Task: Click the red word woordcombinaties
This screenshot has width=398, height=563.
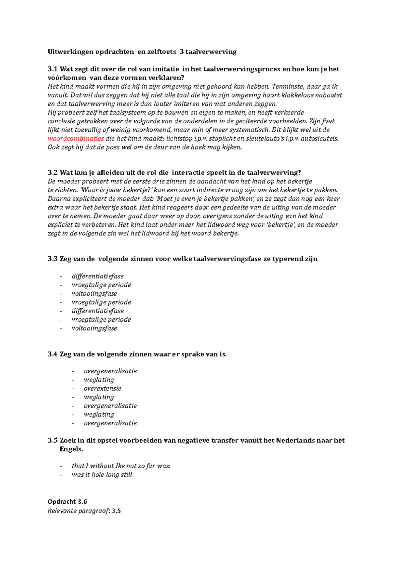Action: click(76, 139)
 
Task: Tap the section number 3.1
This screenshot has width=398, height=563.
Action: click(52, 69)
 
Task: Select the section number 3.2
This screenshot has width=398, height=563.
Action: click(52, 173)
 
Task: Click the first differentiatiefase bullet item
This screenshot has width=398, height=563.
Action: click(98, 277)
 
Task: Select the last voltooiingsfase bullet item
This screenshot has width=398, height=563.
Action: click(95, 328)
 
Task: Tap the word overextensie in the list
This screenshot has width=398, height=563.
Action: click(102, 389)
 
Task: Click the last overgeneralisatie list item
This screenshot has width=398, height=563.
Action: click(110, 423)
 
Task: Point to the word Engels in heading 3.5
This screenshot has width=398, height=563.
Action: click(71, 449)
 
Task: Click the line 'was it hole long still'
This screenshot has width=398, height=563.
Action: click(102, 475)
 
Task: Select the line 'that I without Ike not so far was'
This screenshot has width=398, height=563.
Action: click(121, 466)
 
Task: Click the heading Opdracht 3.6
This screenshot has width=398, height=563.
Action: click(67, 502)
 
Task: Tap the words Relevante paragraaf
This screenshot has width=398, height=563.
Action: click(78, 511)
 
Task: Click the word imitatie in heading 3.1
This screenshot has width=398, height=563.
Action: click(166, 69)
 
